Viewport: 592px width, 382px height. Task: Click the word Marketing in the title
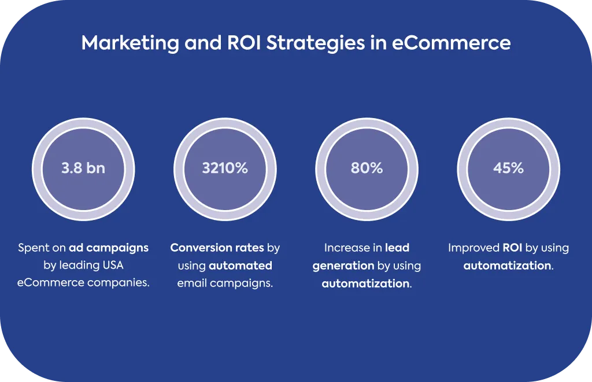130,43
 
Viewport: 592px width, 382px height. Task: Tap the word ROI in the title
244,42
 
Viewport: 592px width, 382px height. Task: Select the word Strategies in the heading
316,43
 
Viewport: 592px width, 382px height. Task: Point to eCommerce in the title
451,42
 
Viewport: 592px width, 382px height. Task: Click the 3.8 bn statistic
83,168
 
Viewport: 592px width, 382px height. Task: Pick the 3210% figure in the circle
225,168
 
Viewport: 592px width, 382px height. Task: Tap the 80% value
367,168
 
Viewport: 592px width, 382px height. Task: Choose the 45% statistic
509,168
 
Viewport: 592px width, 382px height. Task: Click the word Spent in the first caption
34,248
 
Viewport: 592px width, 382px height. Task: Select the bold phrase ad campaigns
109,248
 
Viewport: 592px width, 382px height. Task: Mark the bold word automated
240,266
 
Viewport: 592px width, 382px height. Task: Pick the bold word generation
338,266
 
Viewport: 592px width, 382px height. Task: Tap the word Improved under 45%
474,248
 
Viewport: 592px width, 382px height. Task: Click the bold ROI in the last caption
512,248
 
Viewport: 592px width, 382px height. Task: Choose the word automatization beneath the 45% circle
507,266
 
